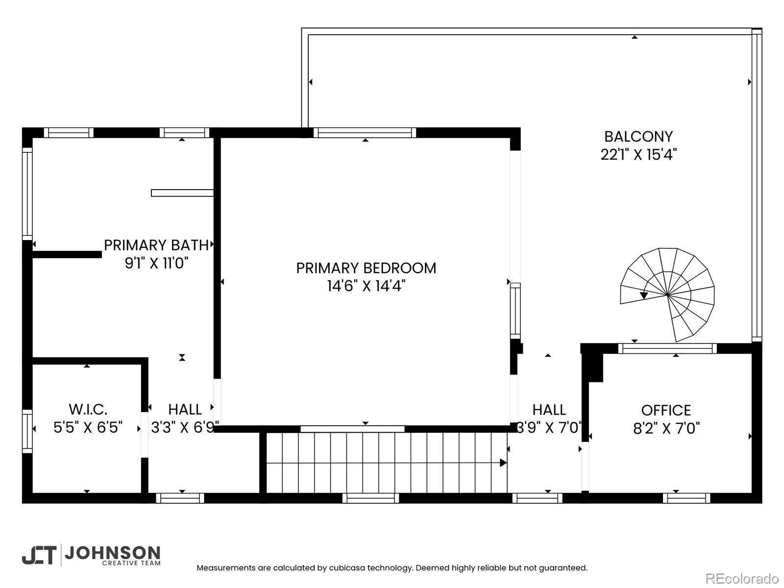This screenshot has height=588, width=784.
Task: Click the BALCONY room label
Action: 638,137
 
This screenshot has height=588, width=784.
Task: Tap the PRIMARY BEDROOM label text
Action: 366,268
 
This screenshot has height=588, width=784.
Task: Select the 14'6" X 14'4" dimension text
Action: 366,286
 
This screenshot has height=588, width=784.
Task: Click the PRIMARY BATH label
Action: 156,245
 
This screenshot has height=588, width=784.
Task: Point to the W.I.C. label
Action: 88,410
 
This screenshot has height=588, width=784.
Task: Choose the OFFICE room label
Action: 666,411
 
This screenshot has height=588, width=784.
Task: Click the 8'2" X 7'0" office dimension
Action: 666,428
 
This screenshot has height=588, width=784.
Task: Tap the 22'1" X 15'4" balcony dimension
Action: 638,154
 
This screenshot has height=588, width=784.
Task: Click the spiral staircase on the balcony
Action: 667,295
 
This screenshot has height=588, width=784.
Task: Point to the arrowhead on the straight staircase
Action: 503,463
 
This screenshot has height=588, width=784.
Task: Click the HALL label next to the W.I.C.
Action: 185,410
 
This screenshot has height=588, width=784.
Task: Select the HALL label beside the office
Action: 549,410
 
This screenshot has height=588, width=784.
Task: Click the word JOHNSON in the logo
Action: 112,553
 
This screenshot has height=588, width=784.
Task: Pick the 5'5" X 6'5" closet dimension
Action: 88,427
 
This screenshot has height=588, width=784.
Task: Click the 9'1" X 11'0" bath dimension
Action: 156,263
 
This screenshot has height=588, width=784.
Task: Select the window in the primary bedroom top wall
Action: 365,133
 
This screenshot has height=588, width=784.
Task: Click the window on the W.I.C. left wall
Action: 27,431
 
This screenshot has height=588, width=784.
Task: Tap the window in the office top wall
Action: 667,348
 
